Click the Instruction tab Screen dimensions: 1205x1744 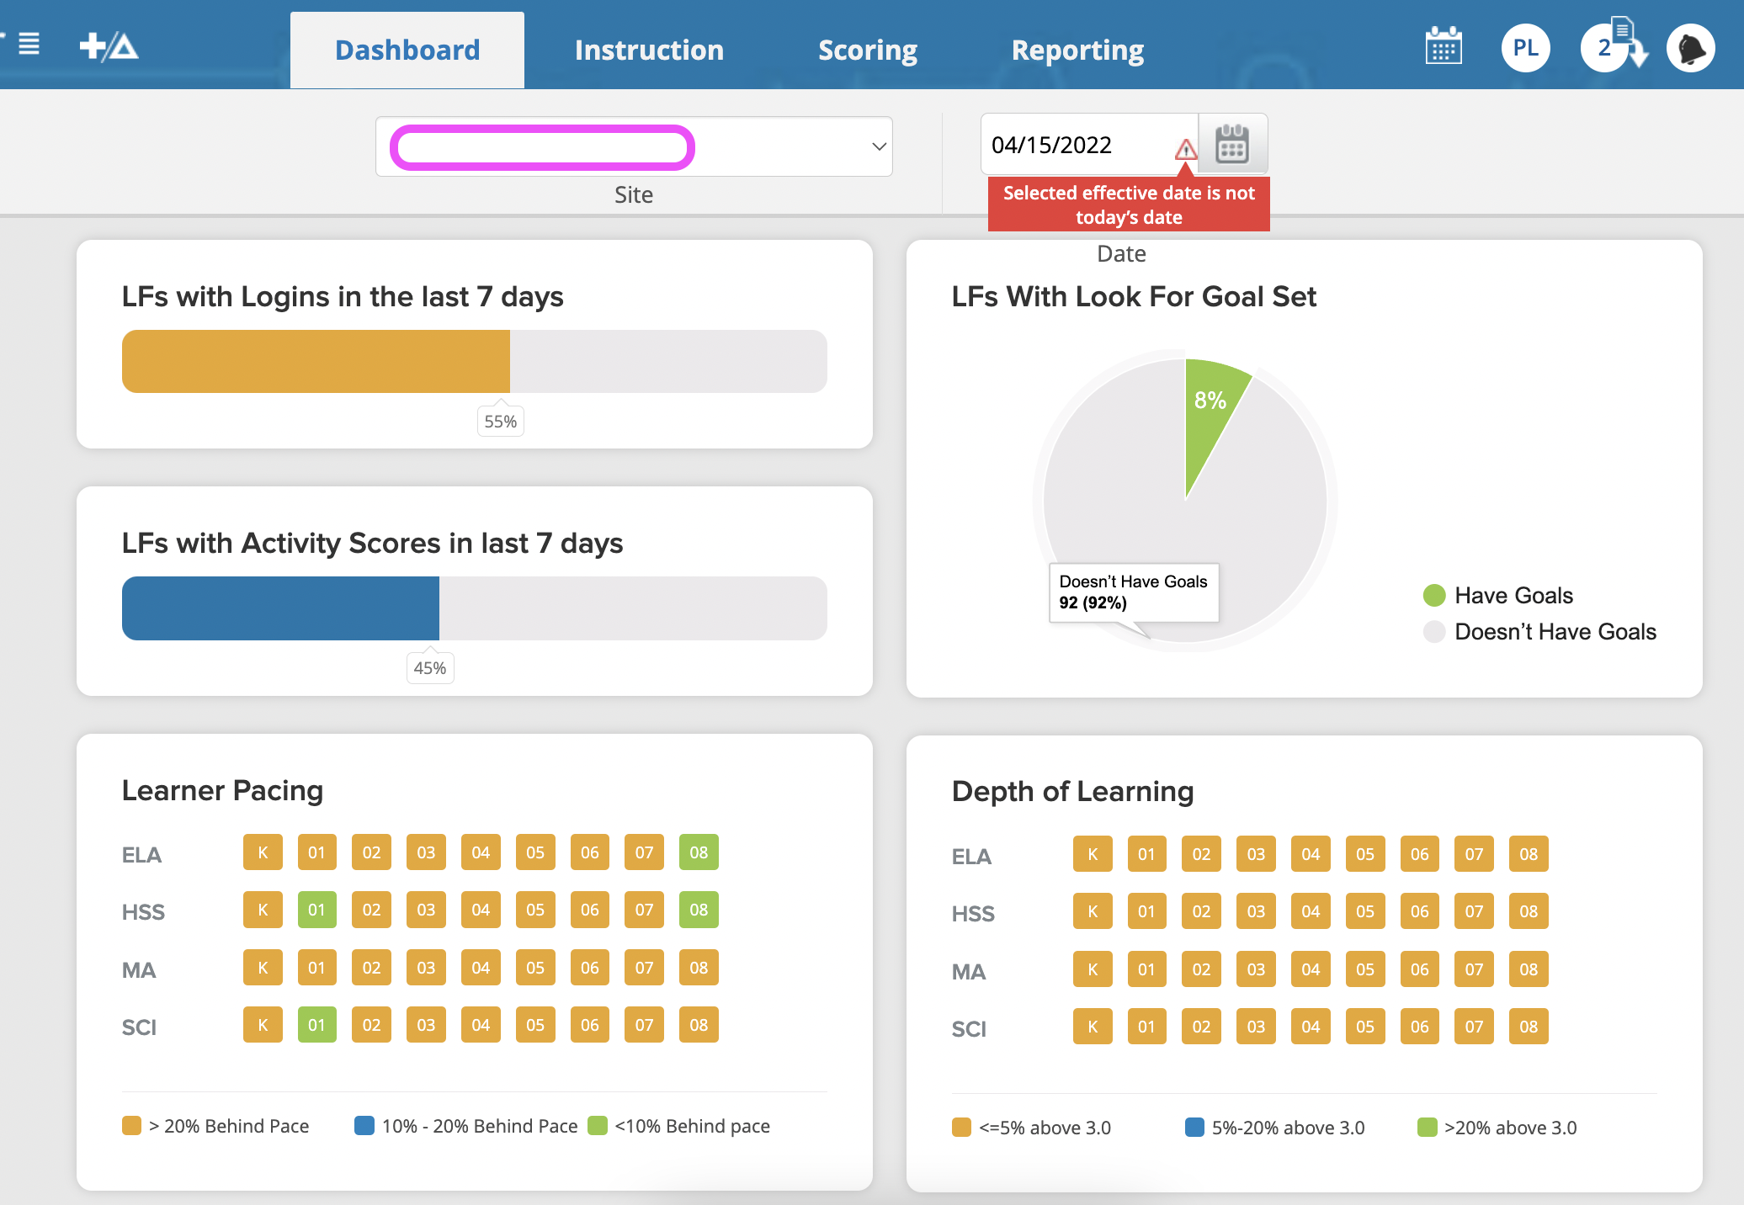click(649, 50)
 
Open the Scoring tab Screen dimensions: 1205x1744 click(868, 50)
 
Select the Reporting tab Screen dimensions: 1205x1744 click(1077, 50)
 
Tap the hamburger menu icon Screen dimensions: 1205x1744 click(29, 44)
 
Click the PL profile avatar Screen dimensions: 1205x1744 click(1525, 48)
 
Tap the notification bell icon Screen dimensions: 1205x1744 click(1691, 49)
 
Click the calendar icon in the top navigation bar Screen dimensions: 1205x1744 click(1444, 47)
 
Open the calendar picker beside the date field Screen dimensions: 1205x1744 click(1232, 145)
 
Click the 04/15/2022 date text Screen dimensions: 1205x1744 click(1051, 146)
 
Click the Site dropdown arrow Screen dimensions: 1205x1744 click(879, 146)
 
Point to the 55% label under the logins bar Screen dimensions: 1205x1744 click(500, 422)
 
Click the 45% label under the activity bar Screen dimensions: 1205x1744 click(430, 668)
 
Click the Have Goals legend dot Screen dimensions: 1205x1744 click(1434, 596)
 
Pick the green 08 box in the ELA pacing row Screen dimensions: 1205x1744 click(699, 852)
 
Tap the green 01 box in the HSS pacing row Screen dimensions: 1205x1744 click(316, 910)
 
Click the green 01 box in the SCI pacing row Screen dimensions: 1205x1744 click(316, 1025)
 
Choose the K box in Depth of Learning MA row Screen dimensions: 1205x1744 click(1093, 969)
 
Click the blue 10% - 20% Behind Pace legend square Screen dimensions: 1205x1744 click(364, 1126)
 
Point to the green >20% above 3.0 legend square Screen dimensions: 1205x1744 click(1427, 1128)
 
